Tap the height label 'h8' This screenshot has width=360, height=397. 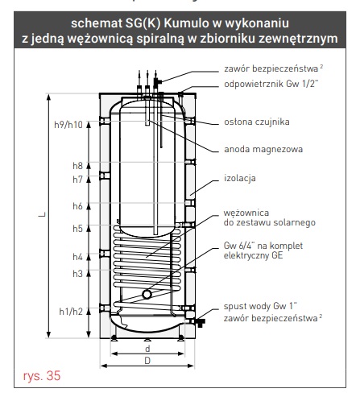click(x=77, y=166)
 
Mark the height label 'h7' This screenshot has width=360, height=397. click(x=77, y=180)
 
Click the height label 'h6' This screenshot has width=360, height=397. click(x=77, y=206)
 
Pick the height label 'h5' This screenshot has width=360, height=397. click(x=77, y=229)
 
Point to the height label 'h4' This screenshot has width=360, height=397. click(x=77, y=257)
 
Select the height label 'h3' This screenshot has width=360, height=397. click(x=77, y=274)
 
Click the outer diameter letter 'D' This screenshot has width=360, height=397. click(x=147, y=362)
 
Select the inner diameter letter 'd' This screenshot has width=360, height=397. click(x=147, y=349)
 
